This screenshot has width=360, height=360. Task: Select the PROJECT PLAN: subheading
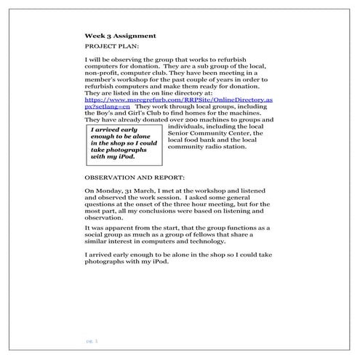pos(108,46)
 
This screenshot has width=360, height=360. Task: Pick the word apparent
pos(113,228)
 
